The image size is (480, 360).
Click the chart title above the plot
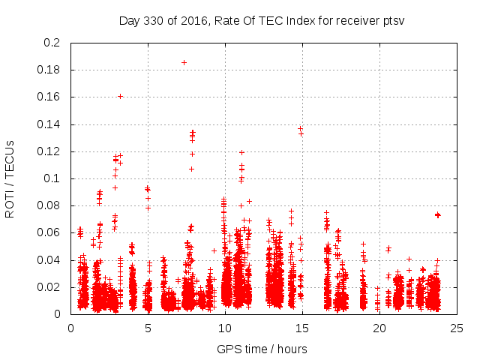coord(262,20)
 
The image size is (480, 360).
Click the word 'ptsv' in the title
coord(392,21)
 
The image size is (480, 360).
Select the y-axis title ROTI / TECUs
coord(10,178)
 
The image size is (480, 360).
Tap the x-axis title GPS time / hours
coord(262,349)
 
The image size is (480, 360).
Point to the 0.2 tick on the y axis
coord(52,43)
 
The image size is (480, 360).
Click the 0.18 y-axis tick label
coord(49,70)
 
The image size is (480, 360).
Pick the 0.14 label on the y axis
coord(49,124)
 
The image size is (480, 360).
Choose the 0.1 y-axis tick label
coord(52,178)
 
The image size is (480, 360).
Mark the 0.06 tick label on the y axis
coord(49,232)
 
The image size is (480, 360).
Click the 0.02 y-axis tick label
coord(49,287)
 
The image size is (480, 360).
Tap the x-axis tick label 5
coord(148,328)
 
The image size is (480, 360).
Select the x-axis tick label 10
coord(225,328)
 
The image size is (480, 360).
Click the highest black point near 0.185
coord(184,62)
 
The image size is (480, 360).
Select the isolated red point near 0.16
coord(120,96)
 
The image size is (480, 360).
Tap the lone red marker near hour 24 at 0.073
coord(438,214)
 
